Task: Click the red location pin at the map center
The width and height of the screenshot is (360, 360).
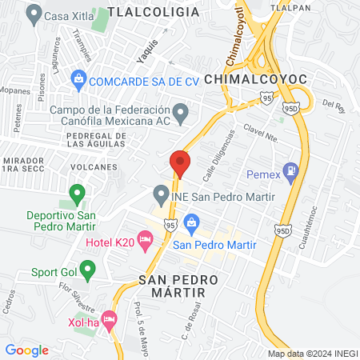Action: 180,163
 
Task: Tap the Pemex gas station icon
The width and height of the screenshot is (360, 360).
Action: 290,170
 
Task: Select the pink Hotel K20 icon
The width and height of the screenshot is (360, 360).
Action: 145,238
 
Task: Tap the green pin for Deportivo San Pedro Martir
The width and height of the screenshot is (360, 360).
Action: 78,193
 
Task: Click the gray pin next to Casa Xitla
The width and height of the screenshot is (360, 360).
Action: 34,14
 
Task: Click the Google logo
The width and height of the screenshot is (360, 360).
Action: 27,350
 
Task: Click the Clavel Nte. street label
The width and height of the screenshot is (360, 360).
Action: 261,132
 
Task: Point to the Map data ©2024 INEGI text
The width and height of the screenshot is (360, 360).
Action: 312,353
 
